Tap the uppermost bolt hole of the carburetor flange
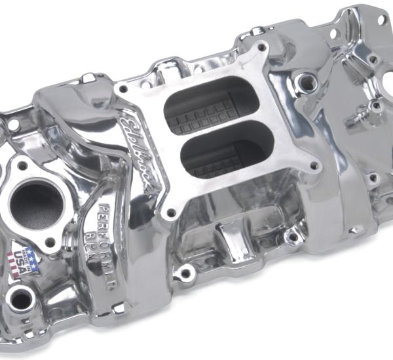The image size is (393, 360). point(262,48)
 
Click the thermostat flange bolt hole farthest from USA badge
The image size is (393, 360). point(24,166)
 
